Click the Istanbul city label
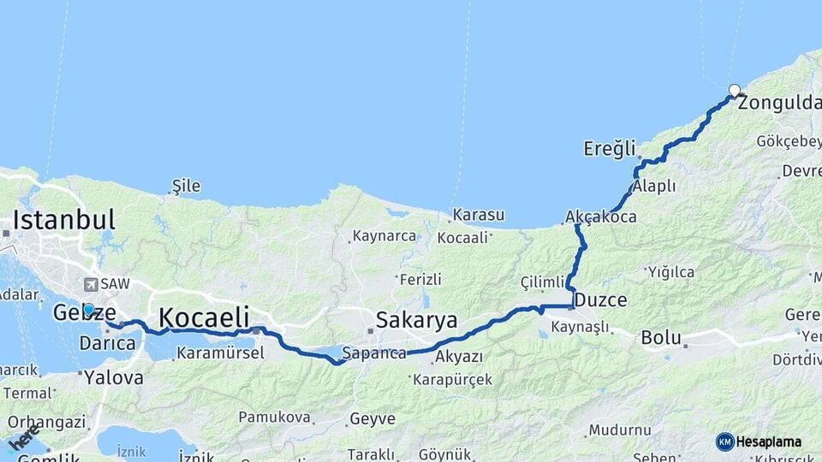(63, 219)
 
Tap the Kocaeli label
(204, 317)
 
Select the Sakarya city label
(417, 321)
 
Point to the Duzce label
(601, 300)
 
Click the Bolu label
(660, 338)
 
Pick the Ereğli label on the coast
(610, 148)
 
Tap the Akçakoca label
(601, 217)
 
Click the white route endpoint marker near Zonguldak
(735, 90)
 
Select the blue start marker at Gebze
(88, 309)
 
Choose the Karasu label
(479, 215)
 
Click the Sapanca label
(373, 352)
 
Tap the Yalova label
(114, 376)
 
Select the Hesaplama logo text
(769, 441)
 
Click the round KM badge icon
(725, 441)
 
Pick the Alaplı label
(654, 187)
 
